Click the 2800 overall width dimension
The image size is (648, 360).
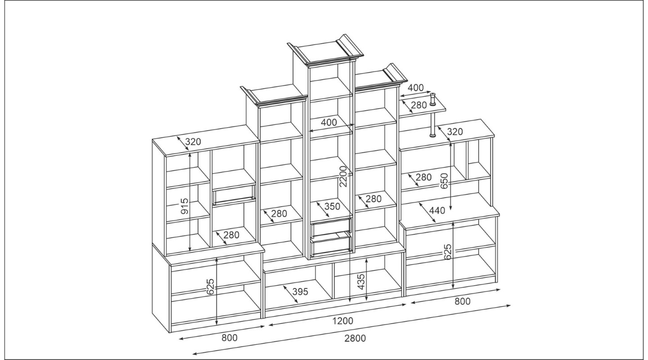coord(355,338)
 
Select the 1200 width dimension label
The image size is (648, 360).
coord(342,321)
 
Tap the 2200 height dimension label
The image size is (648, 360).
coord(343,176)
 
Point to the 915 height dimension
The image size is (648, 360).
coord(184,206)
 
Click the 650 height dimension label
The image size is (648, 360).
coord(444,180)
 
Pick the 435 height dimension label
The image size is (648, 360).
coord(361,282)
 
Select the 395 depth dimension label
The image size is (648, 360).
coord(300,292)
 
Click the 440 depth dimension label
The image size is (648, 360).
coord(437,211)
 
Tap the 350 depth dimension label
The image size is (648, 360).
coord(332,207)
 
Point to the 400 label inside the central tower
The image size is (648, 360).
coord(329,122)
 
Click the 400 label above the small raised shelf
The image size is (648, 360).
coord(415,87)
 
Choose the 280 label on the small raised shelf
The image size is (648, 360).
coord(418,105)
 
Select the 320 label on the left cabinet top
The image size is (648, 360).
coord(193,142)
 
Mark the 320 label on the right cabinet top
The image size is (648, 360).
coord(455,132)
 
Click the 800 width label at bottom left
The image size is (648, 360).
coord(229,337)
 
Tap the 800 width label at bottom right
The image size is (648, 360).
coord(463,301)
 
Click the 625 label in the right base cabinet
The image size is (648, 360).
coord(447,252)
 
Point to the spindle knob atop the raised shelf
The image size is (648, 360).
coord(433,99)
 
